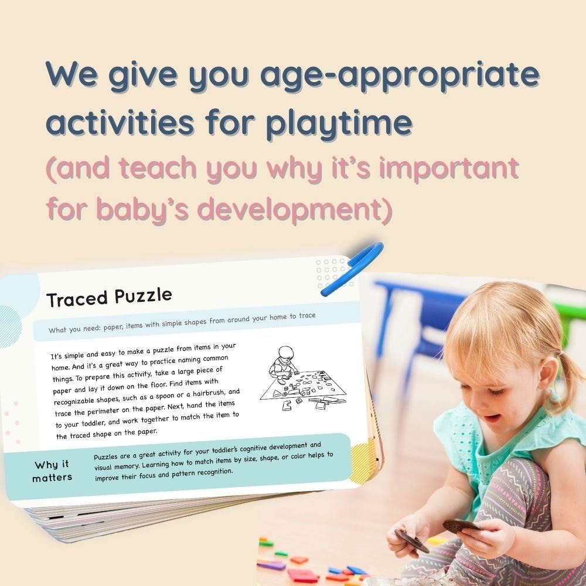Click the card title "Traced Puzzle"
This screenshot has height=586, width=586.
click(109, 298)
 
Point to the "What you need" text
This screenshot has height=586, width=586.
click(73, 330)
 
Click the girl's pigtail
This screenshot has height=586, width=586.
click(559, 375)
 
